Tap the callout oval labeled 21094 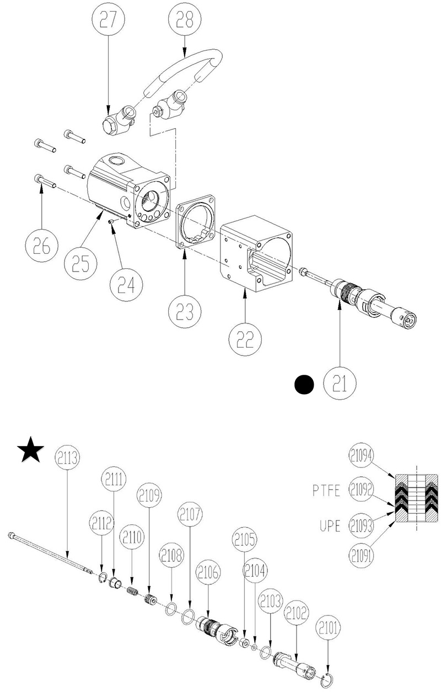(x=361, y=457)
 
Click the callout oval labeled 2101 (x=329, y=628)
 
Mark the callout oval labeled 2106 (x=208, y=574)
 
